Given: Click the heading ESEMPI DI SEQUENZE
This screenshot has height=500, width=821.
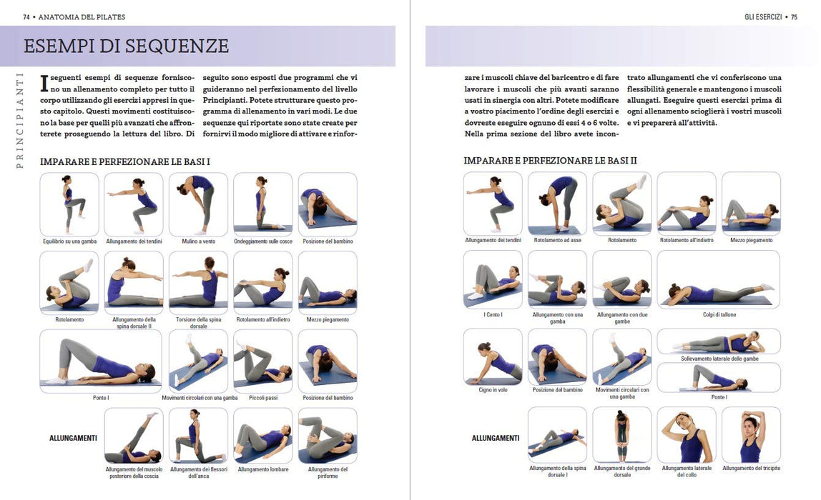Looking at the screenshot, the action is [126, 46].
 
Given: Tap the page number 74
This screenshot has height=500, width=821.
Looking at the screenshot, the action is [26, 17].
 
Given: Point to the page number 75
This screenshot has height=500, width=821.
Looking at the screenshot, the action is [794, 17].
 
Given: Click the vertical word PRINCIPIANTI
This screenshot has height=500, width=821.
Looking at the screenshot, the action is [20, 120].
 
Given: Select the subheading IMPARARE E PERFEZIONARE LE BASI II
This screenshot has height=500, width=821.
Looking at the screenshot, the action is [550, 161].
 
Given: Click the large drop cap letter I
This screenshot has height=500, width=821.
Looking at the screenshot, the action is [44, 84].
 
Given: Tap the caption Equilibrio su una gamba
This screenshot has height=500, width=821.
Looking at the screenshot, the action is [69, 241].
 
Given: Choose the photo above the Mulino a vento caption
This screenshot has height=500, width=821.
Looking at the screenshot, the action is [198, 204].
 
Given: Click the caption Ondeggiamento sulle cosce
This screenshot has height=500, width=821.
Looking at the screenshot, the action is [263, 241].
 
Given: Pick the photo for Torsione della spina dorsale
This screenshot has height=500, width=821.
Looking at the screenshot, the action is [198, 282].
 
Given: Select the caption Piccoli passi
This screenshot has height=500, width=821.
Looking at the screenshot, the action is [263, 398].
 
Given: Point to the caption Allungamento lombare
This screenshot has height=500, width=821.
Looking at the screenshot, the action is [263, 470].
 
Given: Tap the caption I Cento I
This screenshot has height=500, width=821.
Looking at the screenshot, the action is [493, 315].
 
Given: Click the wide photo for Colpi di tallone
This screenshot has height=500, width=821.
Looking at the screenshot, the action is [719, 279].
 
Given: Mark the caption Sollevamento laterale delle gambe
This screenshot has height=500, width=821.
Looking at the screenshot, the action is [719, 359].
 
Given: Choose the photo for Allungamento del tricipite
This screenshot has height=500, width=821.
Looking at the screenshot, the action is [752, 435].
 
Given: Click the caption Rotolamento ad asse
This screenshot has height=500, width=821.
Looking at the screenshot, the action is [558, 240].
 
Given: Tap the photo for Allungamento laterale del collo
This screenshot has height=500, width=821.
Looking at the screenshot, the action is [687, 435].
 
